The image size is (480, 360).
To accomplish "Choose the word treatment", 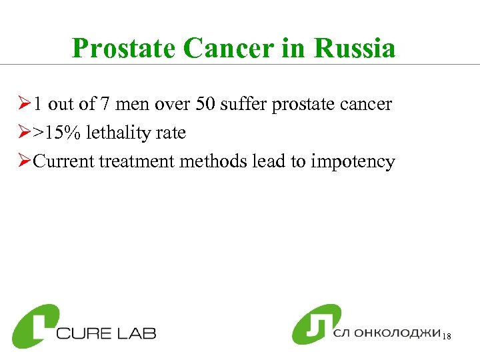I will [137, 162].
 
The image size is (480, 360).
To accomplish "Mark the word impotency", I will [353, 162].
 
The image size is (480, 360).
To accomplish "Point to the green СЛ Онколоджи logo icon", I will [316, 324].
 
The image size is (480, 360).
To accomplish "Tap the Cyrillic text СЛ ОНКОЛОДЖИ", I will [387, 333].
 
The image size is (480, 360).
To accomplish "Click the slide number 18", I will [447, 338].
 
